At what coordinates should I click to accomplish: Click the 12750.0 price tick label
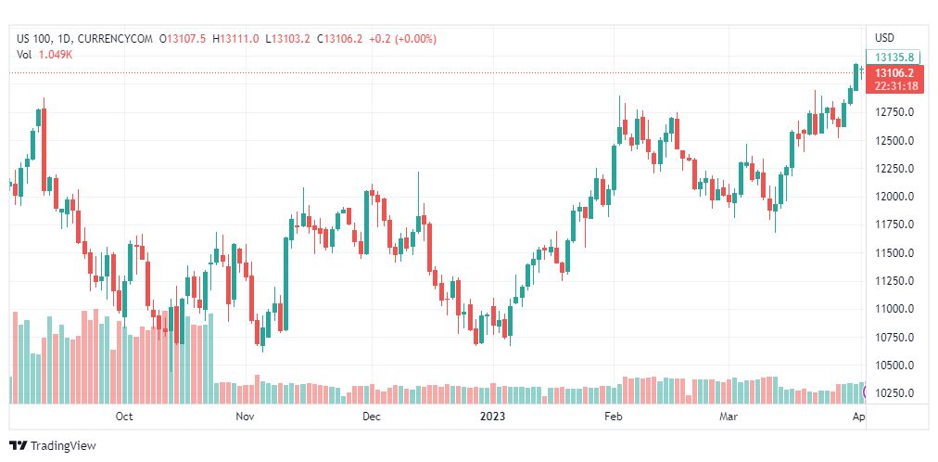(x=896, y=112)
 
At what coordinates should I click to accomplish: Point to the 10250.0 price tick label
(x=896, y=392)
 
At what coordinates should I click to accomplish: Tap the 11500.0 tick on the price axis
(x=896, y=252)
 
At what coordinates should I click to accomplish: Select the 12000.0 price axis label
(x=896, y=197)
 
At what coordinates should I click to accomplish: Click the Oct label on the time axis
(x=124, y=417)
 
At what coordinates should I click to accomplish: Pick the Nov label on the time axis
(x=245, y=417)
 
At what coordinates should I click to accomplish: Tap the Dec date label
(x=371, y=417)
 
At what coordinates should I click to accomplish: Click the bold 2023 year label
(x=492, y=417)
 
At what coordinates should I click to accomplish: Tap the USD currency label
(x=884, y=38)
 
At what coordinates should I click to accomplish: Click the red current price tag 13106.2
(x=894, y=72)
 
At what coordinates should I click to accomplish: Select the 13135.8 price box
(x=894, y=57)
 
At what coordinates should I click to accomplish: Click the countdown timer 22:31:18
(x=895, y=86)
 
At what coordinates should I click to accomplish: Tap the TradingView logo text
(x=63, y=446)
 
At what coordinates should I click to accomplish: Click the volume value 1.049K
(x=56, y=55)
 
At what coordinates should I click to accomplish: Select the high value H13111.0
(x=235, y=39)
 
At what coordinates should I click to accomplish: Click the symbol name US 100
(x=35, y=39)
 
